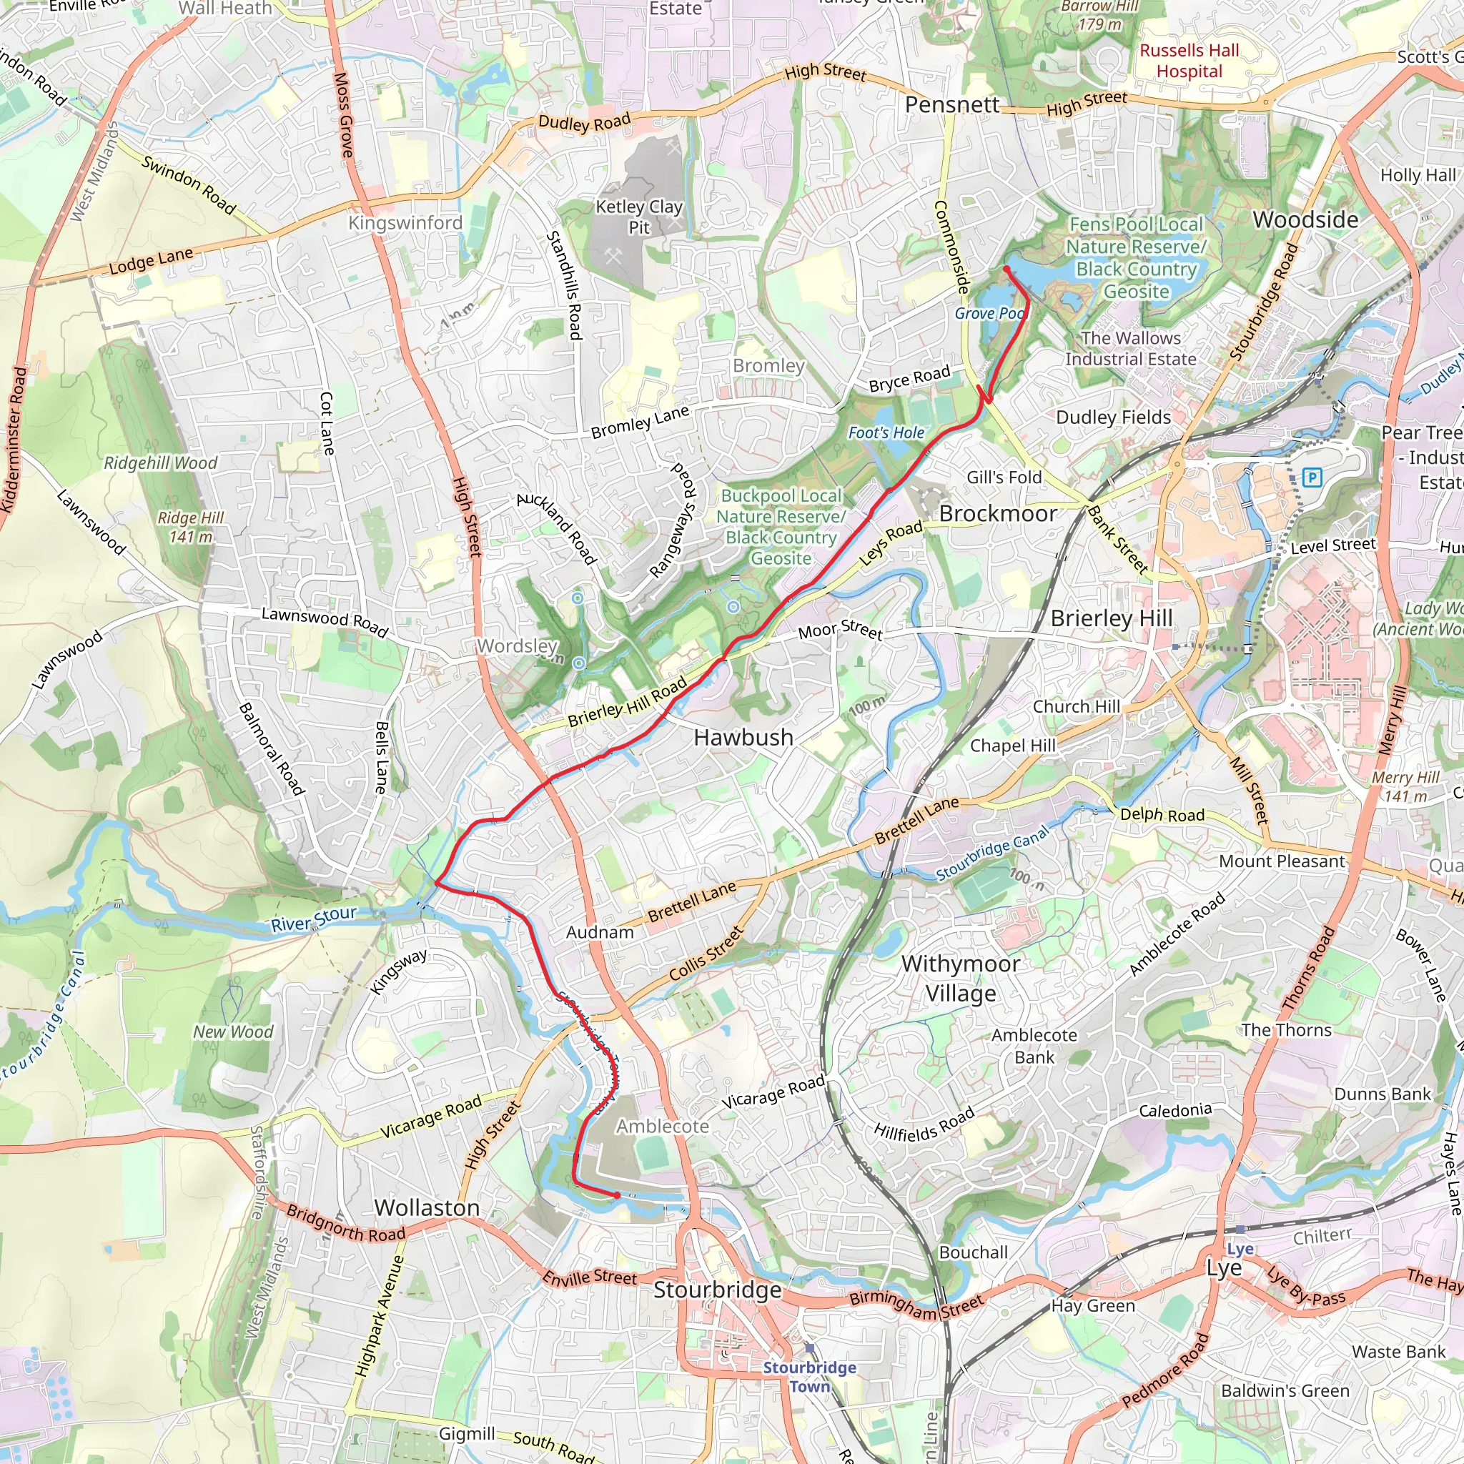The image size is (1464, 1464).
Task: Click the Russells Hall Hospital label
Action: [1189, 61]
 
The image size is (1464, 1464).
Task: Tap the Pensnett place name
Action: [951, 104]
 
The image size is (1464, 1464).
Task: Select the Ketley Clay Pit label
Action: [639, 217]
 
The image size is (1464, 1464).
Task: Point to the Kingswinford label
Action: [405, 223]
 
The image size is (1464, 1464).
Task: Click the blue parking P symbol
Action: [1312, 478]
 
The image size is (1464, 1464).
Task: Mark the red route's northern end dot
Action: [1006, 269]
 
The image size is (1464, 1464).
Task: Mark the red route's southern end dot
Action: [618, 1195]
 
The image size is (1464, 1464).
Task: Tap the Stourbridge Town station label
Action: [809, 1376]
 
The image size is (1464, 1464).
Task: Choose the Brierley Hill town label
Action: [1111, 618]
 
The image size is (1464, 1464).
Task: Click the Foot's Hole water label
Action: [886, 432]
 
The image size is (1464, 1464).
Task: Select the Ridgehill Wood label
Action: [161, 463]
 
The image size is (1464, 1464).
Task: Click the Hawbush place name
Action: [743, 737]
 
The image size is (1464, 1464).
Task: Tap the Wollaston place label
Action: [427, 1208]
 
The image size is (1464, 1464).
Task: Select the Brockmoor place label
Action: [998, 514]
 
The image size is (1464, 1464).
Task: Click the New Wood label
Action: [232, 1032]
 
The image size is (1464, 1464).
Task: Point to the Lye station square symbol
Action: [1240, 1229]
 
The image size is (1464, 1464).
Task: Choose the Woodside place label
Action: [1305, 219]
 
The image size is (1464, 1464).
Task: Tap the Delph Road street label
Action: [1162, 815]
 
